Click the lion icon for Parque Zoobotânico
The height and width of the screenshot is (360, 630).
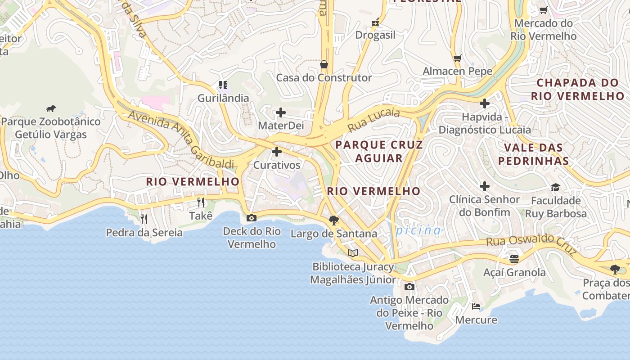[x=51, y=108]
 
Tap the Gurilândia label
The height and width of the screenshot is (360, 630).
[x=223, y=98]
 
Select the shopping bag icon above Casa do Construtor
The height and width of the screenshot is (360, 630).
[x=324, y=65]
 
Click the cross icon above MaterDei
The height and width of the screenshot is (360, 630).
[x=281, y=112]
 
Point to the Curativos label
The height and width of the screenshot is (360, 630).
[x=277, y=165]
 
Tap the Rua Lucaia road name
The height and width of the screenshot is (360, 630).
[x=373, y=120]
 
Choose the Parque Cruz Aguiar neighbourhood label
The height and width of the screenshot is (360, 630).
[x=379, y=151]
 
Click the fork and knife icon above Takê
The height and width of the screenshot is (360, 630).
[x=201, y=202]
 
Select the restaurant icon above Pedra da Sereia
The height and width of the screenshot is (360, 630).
[x=144, y=219]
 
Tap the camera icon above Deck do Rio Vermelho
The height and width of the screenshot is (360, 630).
[x=252, y=218]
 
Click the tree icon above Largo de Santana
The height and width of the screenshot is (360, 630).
[x=333, y=220]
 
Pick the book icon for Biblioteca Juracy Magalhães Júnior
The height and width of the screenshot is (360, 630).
[x=353, y=253]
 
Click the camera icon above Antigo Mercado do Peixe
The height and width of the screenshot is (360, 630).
[x=409, y=287]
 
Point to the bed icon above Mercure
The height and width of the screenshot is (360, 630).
[x=476, y=306]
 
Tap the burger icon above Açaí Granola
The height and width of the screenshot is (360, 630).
[x=514, y=259]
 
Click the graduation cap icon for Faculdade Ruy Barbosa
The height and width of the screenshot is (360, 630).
[x=555, y=187]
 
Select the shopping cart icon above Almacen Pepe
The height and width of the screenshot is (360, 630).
[x=458, y=58]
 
